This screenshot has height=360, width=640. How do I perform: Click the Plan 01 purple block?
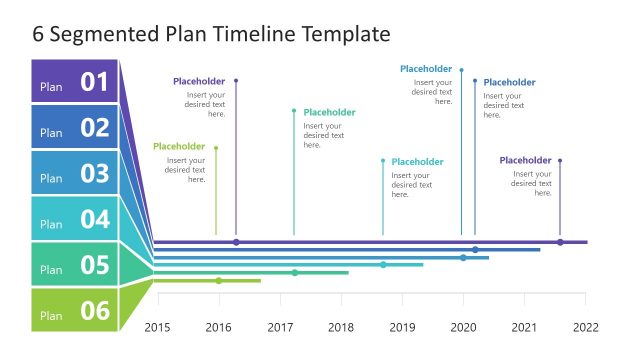click(x=76, y=82)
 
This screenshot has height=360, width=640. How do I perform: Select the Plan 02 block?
click(x=76, y=127)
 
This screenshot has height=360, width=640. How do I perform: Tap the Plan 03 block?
click(x=76, y=173)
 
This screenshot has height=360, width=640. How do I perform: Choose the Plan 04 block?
click(x=76, y=218)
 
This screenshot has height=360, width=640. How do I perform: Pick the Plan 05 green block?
click(x=76, y=264)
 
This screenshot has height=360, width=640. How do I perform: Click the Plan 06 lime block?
click(x=76, y=310)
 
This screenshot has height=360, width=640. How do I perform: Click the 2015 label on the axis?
click(x=158, y=327)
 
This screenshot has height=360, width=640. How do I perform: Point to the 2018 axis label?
click(x=341, y=327)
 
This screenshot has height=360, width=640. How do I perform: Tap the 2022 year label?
click(x=585, y=327)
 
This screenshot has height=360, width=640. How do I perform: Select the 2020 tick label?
click(x=463, y=327)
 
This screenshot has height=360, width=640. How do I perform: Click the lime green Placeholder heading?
click(x=179, y=147)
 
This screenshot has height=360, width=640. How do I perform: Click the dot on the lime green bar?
click(x=219, y=281)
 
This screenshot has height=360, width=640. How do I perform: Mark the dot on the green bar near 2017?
click(x=295, y=272)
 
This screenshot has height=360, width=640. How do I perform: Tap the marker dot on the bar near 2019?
click(x=383, y=265)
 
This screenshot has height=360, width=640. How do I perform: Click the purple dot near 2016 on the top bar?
click(x=236, y=242)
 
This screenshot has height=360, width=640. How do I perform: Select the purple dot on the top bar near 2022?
click(x=560, y=242)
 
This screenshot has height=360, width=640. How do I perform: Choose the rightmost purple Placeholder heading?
click(x=525, y=160)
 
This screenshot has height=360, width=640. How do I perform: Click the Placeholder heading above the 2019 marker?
click(x=417, y=162)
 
